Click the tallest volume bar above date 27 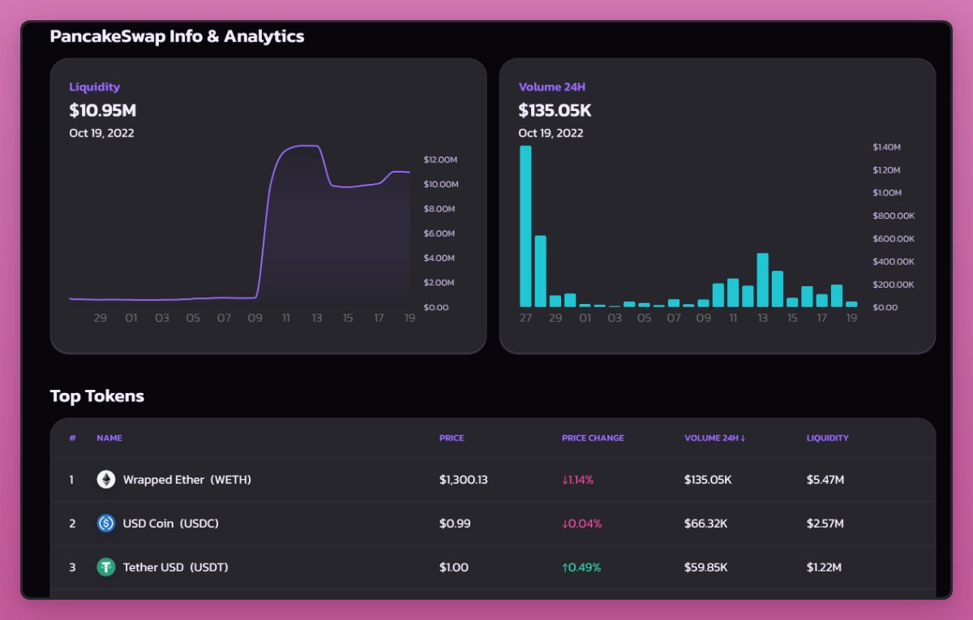coord(525,227)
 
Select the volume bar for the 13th coord(762,280)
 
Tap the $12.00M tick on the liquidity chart coord(441,159)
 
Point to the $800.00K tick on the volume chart coord(894,216)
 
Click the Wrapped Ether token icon coord(106,480)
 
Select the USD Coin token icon coord(106,524)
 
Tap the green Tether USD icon coord(106,567)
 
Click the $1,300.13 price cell coord(463,480)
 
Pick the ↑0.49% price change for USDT coord(581,567)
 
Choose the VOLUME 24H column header coord(714,438)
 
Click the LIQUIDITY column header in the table coord(827,438)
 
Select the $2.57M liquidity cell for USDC coord(825,524)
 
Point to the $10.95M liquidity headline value coord(102,110)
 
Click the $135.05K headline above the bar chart coord(555,110)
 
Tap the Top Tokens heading coord(97,396)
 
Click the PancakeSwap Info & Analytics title coord(177,36)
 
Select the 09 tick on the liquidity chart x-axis coord(255,319)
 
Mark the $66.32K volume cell coord(705,524)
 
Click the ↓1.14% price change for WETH coord(577,480)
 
